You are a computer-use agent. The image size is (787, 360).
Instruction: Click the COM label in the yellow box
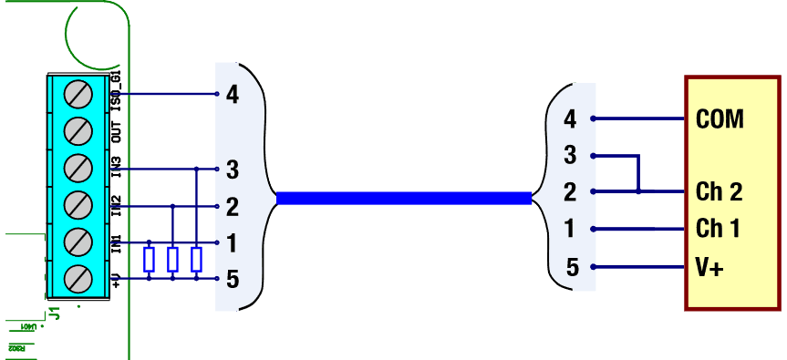720,118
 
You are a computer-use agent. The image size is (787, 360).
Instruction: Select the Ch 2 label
719,192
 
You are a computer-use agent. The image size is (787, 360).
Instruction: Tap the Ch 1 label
718,228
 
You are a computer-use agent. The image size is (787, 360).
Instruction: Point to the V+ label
709,268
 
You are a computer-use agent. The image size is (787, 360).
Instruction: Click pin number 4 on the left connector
232,94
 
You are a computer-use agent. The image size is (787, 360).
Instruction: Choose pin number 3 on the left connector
232,169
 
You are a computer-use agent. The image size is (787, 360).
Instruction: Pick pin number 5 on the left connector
232,279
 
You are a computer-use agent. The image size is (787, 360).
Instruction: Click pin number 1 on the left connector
232,242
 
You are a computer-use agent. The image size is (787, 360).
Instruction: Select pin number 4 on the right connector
570,118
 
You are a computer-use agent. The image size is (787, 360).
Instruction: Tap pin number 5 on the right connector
572,268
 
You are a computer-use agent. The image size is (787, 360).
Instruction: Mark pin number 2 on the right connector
570,192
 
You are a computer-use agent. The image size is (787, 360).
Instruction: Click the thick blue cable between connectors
404,198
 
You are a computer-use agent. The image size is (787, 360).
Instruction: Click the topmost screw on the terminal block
78,95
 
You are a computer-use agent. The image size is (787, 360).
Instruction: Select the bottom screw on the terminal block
78,277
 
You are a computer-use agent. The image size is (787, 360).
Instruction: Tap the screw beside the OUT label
78,131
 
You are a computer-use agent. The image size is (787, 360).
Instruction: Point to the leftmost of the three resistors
150,260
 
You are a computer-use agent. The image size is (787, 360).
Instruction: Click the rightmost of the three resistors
196,260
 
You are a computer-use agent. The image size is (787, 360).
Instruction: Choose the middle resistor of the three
172,260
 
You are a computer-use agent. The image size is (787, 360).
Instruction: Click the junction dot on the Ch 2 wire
638,192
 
